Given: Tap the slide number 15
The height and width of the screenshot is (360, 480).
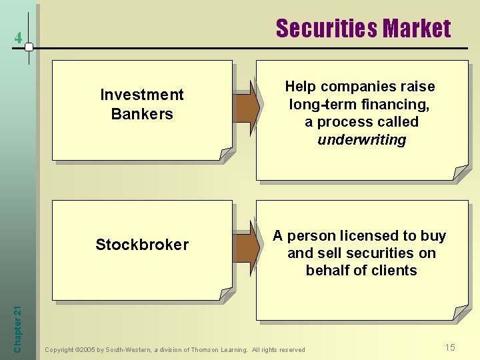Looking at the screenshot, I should point(451,347).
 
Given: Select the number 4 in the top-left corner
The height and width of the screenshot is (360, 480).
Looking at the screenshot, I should point(18,39).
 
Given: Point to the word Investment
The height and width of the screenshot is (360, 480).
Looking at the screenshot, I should point(142,95).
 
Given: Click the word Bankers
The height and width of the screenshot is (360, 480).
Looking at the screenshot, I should point(142,114).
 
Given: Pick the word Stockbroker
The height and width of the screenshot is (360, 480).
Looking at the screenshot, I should point(142,245).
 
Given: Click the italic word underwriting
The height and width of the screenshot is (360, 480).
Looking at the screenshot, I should point(361,140).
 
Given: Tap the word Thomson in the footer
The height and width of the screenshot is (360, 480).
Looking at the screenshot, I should point(207,350).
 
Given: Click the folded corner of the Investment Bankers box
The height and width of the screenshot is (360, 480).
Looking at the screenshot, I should point(227,155).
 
